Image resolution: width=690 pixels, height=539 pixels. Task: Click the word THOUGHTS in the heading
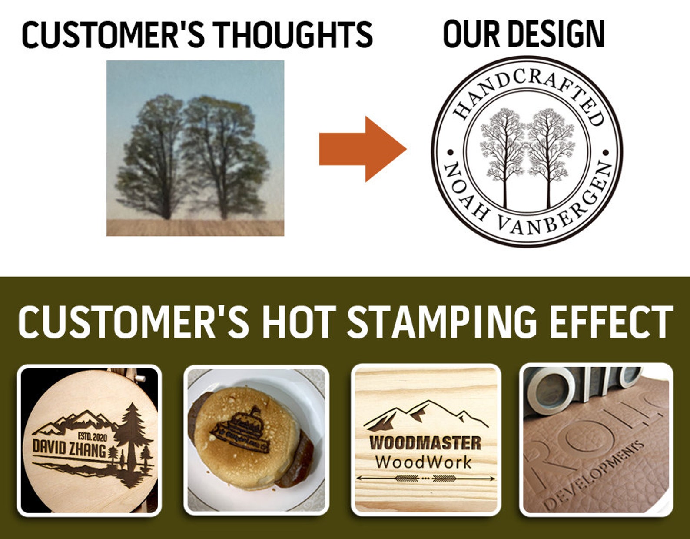coord(292,35)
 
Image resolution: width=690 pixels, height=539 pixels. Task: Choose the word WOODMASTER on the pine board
coord(425,443)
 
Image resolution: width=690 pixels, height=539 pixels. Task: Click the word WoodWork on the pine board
coord(423,462)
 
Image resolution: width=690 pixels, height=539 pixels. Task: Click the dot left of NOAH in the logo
coord(450,153)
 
